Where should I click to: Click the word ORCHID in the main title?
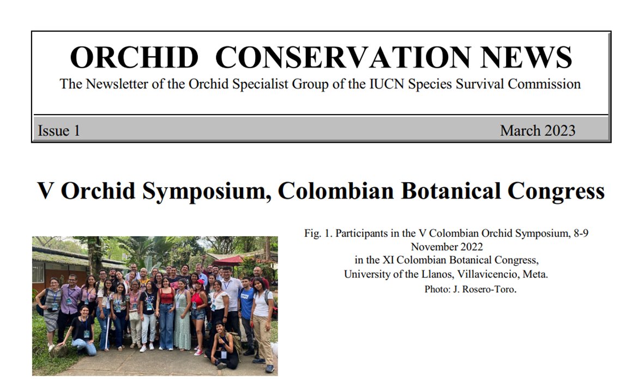coord(134,58)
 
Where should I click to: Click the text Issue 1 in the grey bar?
coord(59,131)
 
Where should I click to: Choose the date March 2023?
coord(537,131)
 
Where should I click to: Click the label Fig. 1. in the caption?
coord(318,233)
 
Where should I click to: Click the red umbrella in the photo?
coord(228,261)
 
